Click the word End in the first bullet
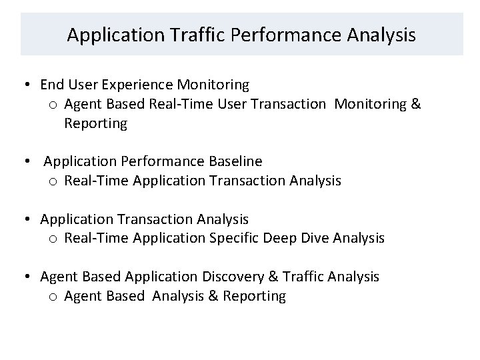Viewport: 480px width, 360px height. click(52, 85)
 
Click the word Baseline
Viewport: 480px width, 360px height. click(237, 161)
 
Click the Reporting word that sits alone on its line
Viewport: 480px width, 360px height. click(95, 124)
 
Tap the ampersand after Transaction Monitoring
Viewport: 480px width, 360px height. click(416, 105)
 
